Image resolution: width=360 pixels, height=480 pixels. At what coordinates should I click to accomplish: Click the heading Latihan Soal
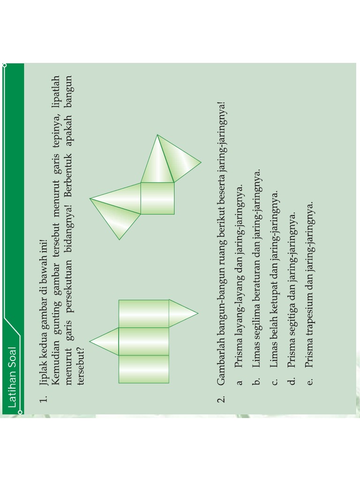tap(12, 377)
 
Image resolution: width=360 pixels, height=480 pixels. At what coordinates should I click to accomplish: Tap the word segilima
tap(256, 320)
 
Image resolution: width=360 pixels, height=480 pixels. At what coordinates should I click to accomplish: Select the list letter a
tap(239, 382)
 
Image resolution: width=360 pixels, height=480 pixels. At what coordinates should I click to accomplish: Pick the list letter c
tap(274, 382)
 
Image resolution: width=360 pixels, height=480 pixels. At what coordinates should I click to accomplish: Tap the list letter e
tap(309, 382)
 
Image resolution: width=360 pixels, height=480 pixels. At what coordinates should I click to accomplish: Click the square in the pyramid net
tap(157, 198)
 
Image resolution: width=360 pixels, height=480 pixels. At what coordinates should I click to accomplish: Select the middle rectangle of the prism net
tap(143, 341)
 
